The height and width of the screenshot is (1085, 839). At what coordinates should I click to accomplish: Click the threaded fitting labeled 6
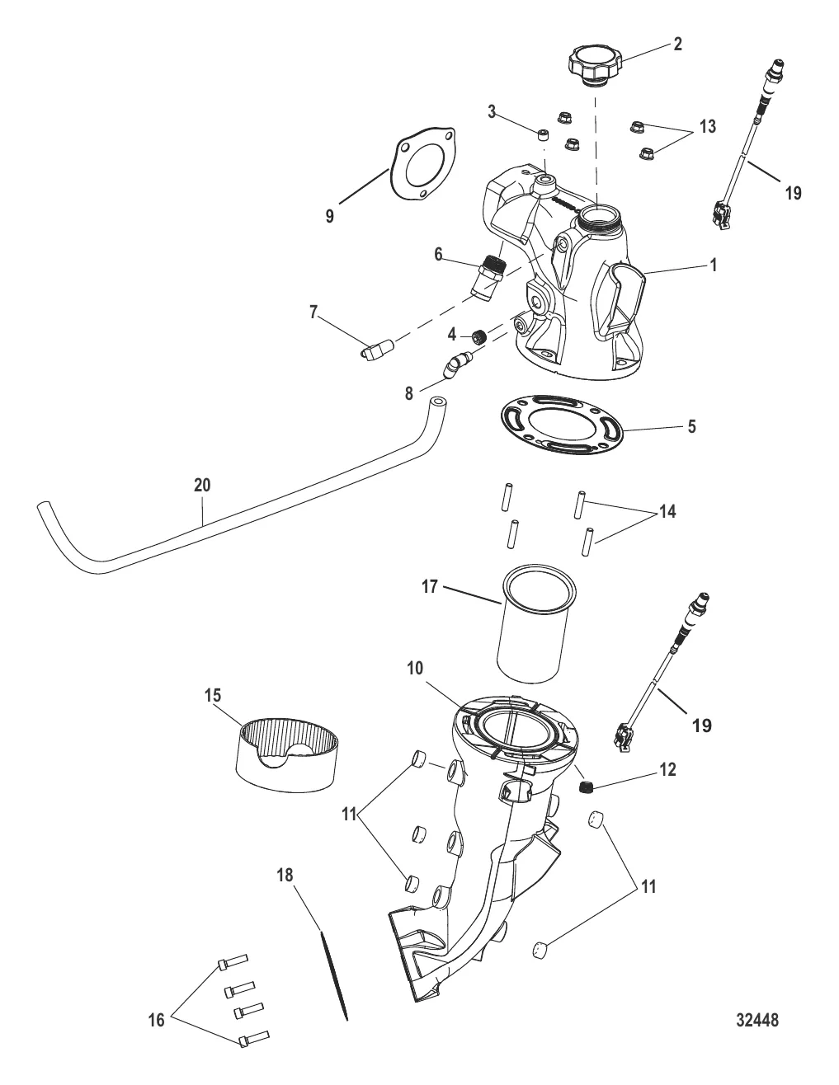[488, 278]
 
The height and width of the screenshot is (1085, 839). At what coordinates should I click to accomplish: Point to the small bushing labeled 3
[543, 135]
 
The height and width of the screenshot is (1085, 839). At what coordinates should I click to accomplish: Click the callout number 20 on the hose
[202, 485]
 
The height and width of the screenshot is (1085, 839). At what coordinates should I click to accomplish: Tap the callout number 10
[415, 668]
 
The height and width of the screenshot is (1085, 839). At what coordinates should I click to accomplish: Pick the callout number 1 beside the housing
[714, 265]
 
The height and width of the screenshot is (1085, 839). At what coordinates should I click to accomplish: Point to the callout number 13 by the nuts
[707, 127]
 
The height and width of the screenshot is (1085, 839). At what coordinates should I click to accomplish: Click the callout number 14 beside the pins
[667, 511]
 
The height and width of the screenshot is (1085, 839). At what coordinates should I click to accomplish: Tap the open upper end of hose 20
[438, 403]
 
